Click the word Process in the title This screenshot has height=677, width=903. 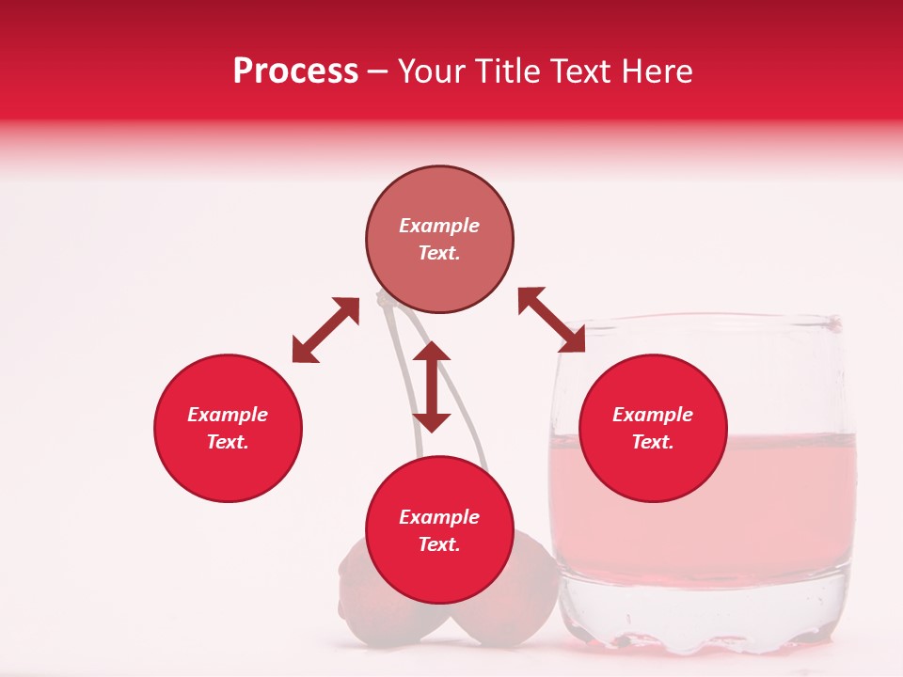tap(295, 71)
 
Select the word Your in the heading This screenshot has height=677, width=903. tap(431, 71)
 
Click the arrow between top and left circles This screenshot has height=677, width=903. tap(325, 330)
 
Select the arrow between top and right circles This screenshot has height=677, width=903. tap(552, 321)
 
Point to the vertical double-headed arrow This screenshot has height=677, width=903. tap(432, 386)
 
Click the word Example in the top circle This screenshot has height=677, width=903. tap(439, 226)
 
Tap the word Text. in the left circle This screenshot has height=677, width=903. tap(228, 442)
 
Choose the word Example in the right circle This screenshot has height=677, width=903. tap(652, 415)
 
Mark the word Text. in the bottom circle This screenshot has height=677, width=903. tap(439, 544)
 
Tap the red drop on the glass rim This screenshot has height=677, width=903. tap(831, 324)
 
